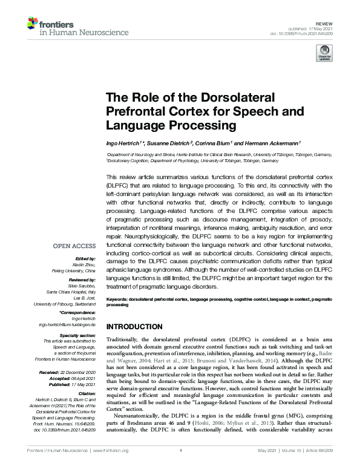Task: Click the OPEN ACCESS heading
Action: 75,246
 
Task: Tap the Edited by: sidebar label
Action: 86,258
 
